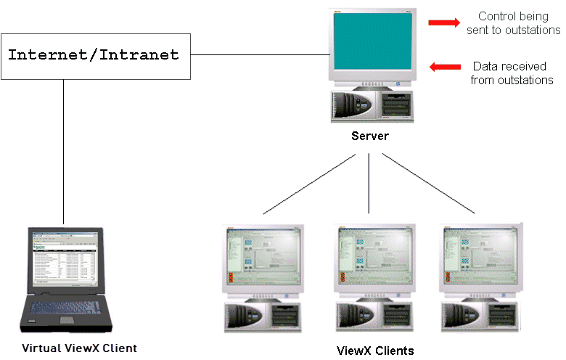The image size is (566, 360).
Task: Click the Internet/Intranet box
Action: [95, 55]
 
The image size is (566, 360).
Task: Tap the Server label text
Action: [370, 136]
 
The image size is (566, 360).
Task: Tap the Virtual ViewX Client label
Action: [79, 348]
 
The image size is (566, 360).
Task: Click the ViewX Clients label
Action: [375, 351]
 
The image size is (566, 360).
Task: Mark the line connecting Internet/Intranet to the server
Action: [258, 54]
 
